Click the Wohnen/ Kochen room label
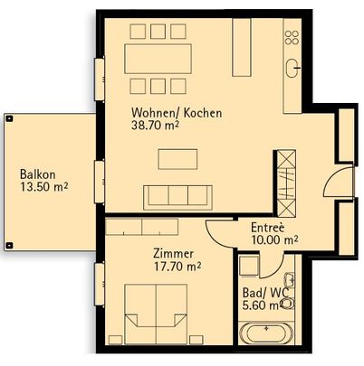[x=177, y=114]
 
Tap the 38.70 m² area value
[x=155, y=127]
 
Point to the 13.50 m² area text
[x=44, y=188]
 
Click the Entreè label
[x=270, y=228]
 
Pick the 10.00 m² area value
[x=275, y=240]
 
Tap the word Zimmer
[x=173, y=254]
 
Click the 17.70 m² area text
[x=177, y=267]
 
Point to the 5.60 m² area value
[x=263, y=305]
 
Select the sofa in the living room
[x=177, y=196]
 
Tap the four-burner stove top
[x=292, y=37]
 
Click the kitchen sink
[x=293, y=67]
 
